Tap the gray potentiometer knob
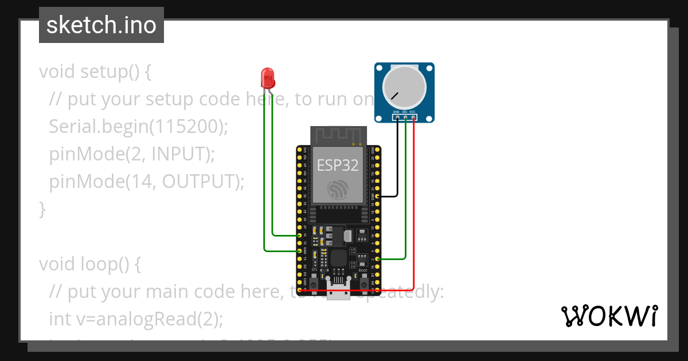[404, 87]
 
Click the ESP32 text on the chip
[338, 166]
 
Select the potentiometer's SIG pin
[405, 117]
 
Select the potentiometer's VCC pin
[413, 117]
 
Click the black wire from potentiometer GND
[397, 160]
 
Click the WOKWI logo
[609, 316]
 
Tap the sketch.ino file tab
[101, 25]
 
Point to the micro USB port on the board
[339, 289]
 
